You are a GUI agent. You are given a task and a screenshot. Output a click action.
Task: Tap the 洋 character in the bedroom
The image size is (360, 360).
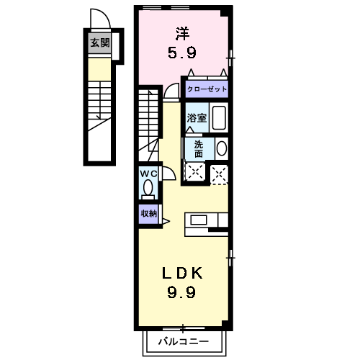coord(182,32)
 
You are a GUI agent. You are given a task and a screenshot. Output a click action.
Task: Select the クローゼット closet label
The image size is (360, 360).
coord(207,89)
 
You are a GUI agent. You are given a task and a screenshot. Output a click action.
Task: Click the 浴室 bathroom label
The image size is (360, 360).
coord(197,117)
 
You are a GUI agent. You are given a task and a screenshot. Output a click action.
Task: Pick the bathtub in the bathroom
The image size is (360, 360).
coord(220,117)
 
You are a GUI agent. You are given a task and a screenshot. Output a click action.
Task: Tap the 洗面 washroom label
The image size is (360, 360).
coord(198,148)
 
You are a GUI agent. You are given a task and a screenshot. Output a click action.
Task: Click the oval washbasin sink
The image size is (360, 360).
coord(221,149)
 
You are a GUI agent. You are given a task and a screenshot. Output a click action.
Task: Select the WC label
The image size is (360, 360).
coord(148,174)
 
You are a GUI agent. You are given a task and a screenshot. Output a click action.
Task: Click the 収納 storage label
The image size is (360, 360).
coord(148,213)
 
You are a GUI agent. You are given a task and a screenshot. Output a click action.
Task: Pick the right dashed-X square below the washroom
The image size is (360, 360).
coord(220,173)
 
